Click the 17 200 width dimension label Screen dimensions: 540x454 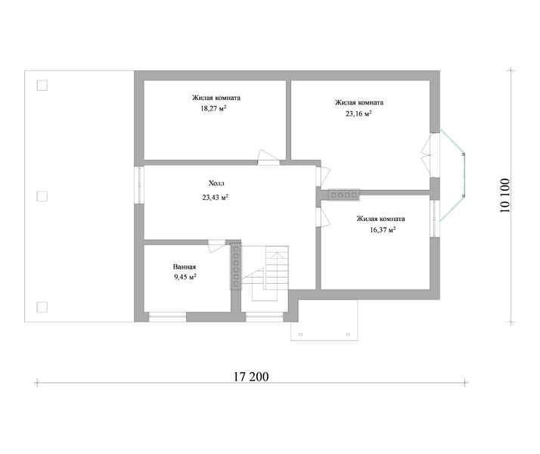pyautogui.click(x=251, y=377)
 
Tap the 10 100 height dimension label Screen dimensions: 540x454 pyautogui.click(x=505, y=195)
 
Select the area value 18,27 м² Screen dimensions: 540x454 pyautogui.click(x=213, y=108)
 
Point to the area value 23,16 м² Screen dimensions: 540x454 pyautogui.click(x=358, y=113)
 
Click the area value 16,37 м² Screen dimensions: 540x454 pyautogui.click(x=383, y=230)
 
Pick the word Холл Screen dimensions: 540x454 pyautogui.click(x=216, y=183)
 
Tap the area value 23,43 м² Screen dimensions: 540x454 pyautogui.click(x=216, y=197)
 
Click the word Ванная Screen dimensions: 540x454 pyautogui.click(x=185, y=267)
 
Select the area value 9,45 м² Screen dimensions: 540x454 pyautogui.click(x=185, y=277)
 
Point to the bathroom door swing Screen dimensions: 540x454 pyautogui.click(x=216, y=246)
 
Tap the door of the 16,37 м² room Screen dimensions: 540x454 pyautogui.click(x=324, y=217)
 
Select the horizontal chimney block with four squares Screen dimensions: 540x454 pyautogui.click(x=343, y=195)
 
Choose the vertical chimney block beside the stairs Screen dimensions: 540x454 pyautogui.click(x=236, y=266)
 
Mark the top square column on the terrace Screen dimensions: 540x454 pyautogui.click(x=42, y=86)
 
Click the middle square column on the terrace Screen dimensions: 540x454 pyautogui.click(x=42, y=196)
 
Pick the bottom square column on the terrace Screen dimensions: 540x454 pyautogui.click(x=42, y=307)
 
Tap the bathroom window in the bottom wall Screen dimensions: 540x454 pyautogui.click(x=167, y=317)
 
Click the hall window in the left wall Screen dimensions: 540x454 pyautogui.click(x=139, y=185)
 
